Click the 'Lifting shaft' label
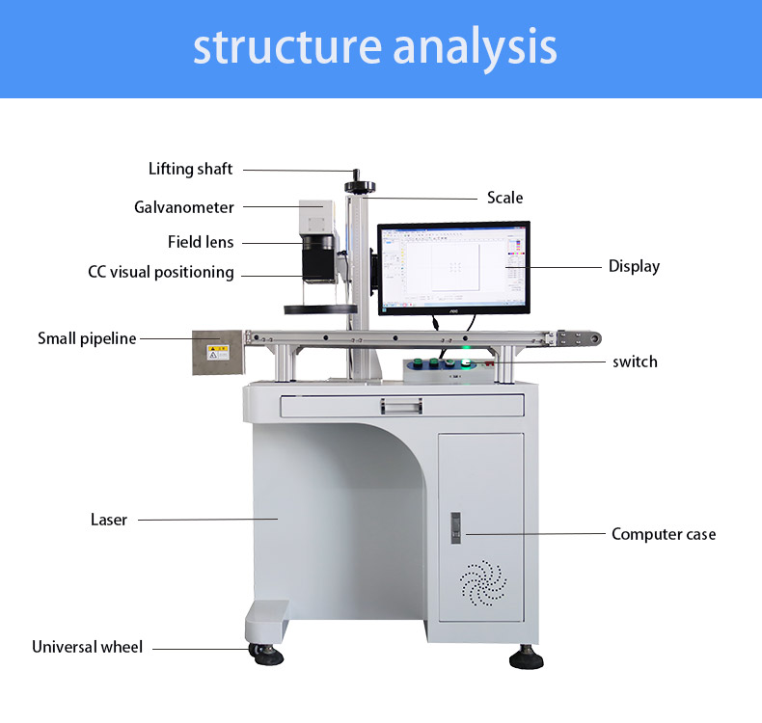[190, 170]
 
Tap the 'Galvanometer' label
[183, 207]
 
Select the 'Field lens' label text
[201, 242]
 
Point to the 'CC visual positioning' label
[161, 273]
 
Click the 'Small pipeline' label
[87, 338]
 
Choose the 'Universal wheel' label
[87, 647]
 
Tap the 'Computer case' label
[664, 534]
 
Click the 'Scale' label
[504, 198]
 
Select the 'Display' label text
[634, 266]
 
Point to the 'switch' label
[635, 361]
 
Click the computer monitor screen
[452, 267]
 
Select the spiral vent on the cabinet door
[481, 581]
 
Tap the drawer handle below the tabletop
[402, 407]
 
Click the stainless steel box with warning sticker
[216, 353]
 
